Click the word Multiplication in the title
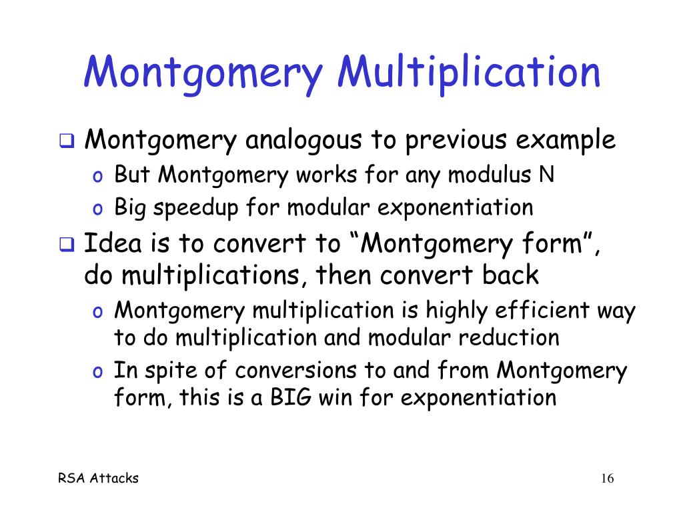(x=469, y=73)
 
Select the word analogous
(x=303, y=141)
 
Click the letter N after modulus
(x=546, y=175)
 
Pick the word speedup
(x=195, y=209)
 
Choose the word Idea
(x=113, y=243)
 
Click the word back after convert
(x=510, y=275)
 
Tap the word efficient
(x=542, y=311)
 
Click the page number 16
(x=607, y=479)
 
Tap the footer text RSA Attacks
(x=99, y=479)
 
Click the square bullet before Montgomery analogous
(x=67, y=141)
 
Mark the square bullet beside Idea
(x=67, y=244)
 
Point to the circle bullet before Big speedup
(x=97, y=210)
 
